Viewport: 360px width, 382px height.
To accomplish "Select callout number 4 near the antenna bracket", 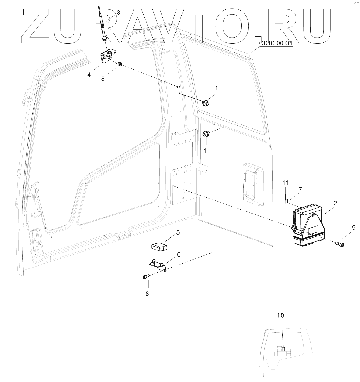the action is click(x=89, y=74).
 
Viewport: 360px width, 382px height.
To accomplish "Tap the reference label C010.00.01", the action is click(x=275, y=43).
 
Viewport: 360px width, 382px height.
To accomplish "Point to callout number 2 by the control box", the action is click(x=335, y=203).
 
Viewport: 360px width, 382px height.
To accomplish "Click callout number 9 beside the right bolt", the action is click(x=354, y=227).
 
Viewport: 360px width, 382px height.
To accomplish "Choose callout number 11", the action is click(x=285, y=183).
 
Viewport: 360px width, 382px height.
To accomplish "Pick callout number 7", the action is click(x=300, y=189).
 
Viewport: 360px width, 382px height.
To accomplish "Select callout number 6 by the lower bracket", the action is click(x=179, y=254).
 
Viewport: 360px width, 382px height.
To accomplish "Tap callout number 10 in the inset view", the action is click(x=281, y=315).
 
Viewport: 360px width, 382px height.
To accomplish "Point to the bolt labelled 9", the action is click(x=340, y=244).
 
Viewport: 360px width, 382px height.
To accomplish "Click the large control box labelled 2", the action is click(x=308, y=224).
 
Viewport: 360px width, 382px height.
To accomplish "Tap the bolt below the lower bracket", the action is click(x=145, y=276).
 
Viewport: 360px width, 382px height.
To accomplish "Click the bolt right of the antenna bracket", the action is click(x=119, y=64).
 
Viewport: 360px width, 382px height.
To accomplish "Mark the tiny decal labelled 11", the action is click(x=286, y=201).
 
